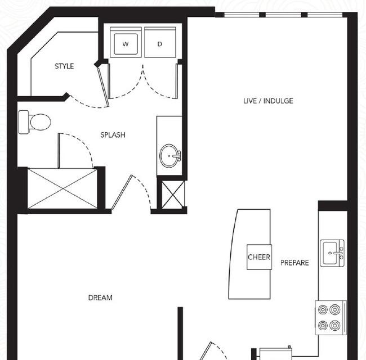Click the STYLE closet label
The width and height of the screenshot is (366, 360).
tap(64, 66)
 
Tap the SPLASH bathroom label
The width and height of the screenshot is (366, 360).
tap(113, 135)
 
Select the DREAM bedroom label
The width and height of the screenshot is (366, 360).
tap(100, 298)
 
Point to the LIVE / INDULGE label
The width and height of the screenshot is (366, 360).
tap(268, 101)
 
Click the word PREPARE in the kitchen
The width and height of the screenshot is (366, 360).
tap(294, 263)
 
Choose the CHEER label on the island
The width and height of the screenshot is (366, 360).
tap(259, 257)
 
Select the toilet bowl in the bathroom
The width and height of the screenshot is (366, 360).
tap(40, 122)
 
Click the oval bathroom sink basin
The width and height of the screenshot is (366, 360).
tap(168, 156)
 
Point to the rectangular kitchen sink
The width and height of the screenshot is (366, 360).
tap(332, 253)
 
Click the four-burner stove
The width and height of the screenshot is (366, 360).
tap(331, 318)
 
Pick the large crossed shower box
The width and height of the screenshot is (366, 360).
tap(63, 188)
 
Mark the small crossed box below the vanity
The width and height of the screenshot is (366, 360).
tap(173, 195)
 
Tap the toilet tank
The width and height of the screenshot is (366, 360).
tap(24, 122)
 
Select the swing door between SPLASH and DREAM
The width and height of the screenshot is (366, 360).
tap(122, 192)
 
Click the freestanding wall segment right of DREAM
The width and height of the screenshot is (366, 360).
tap(180, 334)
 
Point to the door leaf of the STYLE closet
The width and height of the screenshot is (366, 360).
tap(103, 87)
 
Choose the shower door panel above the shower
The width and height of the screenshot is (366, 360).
tap(59, 151)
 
